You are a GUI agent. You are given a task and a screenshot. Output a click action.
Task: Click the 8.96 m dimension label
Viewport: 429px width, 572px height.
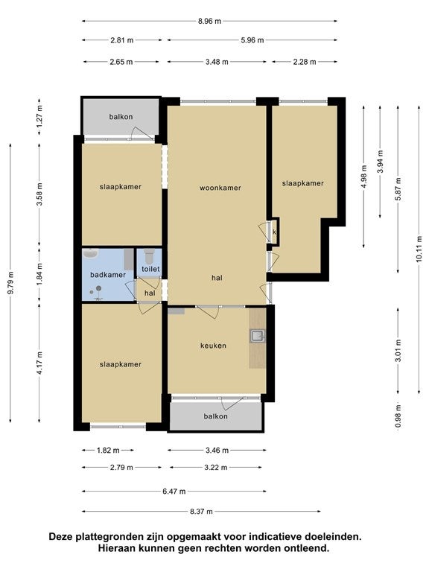(210, 21)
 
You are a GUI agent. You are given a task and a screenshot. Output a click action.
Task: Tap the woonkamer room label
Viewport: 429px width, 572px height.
(220, 188)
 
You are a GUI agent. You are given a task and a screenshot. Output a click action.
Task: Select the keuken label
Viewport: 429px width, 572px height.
(214, 346)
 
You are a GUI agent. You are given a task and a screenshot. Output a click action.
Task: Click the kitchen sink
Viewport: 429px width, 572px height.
(258, 336)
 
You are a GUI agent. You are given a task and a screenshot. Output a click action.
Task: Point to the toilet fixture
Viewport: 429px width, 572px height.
(149, 255)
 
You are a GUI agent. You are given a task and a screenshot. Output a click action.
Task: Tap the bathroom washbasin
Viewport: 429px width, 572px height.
(90, 252)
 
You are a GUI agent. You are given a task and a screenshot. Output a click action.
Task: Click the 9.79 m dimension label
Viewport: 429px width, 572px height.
(10, 283)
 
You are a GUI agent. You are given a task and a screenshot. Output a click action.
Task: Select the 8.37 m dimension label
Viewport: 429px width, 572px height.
(201, 512)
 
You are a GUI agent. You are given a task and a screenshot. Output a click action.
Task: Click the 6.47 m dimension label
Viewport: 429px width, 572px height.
(174, 492)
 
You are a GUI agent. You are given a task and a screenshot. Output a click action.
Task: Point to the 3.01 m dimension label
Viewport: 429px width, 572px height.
(398, 351)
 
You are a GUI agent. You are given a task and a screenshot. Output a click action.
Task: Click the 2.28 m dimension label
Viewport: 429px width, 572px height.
(305, 62)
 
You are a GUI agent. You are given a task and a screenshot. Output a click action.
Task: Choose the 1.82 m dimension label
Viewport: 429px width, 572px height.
(108, 451)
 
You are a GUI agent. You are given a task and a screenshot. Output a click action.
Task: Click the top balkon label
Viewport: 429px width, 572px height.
(121, 117)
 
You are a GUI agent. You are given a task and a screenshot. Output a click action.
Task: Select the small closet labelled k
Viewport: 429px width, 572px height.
(274, 232)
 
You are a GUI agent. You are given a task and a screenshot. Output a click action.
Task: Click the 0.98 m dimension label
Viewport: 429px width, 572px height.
(398, 416)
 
